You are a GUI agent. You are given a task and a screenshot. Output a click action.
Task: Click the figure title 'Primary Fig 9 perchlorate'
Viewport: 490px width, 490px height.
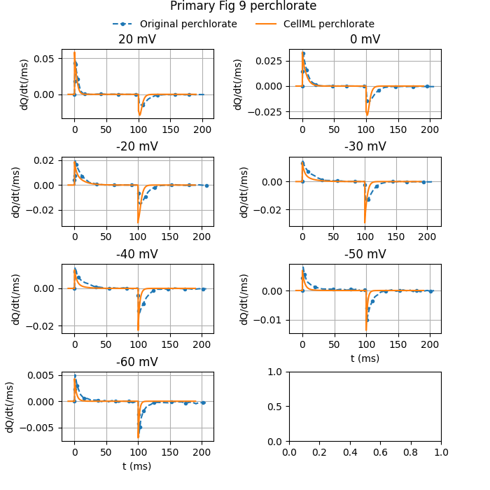pyautogui.click(x=243, y=6)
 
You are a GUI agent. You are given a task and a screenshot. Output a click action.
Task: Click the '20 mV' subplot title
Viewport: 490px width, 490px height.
pyautogui.click(x=137, y=40)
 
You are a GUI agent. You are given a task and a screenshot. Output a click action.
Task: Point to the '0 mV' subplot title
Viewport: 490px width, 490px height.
pyautogui.click(x=365, y=40)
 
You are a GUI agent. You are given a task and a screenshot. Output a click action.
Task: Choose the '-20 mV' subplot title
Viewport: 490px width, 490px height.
pyautogui.click(x=137, y=147)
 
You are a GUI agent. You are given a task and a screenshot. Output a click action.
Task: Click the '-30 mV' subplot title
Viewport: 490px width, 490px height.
pyautogui.click(x=365, y=147)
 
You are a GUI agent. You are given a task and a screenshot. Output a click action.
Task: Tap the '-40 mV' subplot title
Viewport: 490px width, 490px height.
pyautogui.click(x=137, y=254)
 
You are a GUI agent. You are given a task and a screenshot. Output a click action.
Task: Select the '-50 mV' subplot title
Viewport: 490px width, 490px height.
pyautogui.click(x=365, y=254)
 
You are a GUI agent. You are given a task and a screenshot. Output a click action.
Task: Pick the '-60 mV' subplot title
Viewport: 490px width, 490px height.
pyautogui.click(x=137, y=362)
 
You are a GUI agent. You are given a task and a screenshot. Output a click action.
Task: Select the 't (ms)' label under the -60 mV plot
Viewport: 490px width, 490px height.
pyautogui.click(x=137, y=466)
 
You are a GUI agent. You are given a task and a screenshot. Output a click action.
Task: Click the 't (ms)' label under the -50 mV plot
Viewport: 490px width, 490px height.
pyautogui.click(x=365, y=358)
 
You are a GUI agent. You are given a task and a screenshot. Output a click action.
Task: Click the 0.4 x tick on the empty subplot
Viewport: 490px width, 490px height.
pyautogui.click(x=350, y=452)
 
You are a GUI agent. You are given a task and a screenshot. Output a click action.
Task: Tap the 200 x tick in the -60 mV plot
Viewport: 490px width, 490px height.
pyautogui.click(x=202, y=452)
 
